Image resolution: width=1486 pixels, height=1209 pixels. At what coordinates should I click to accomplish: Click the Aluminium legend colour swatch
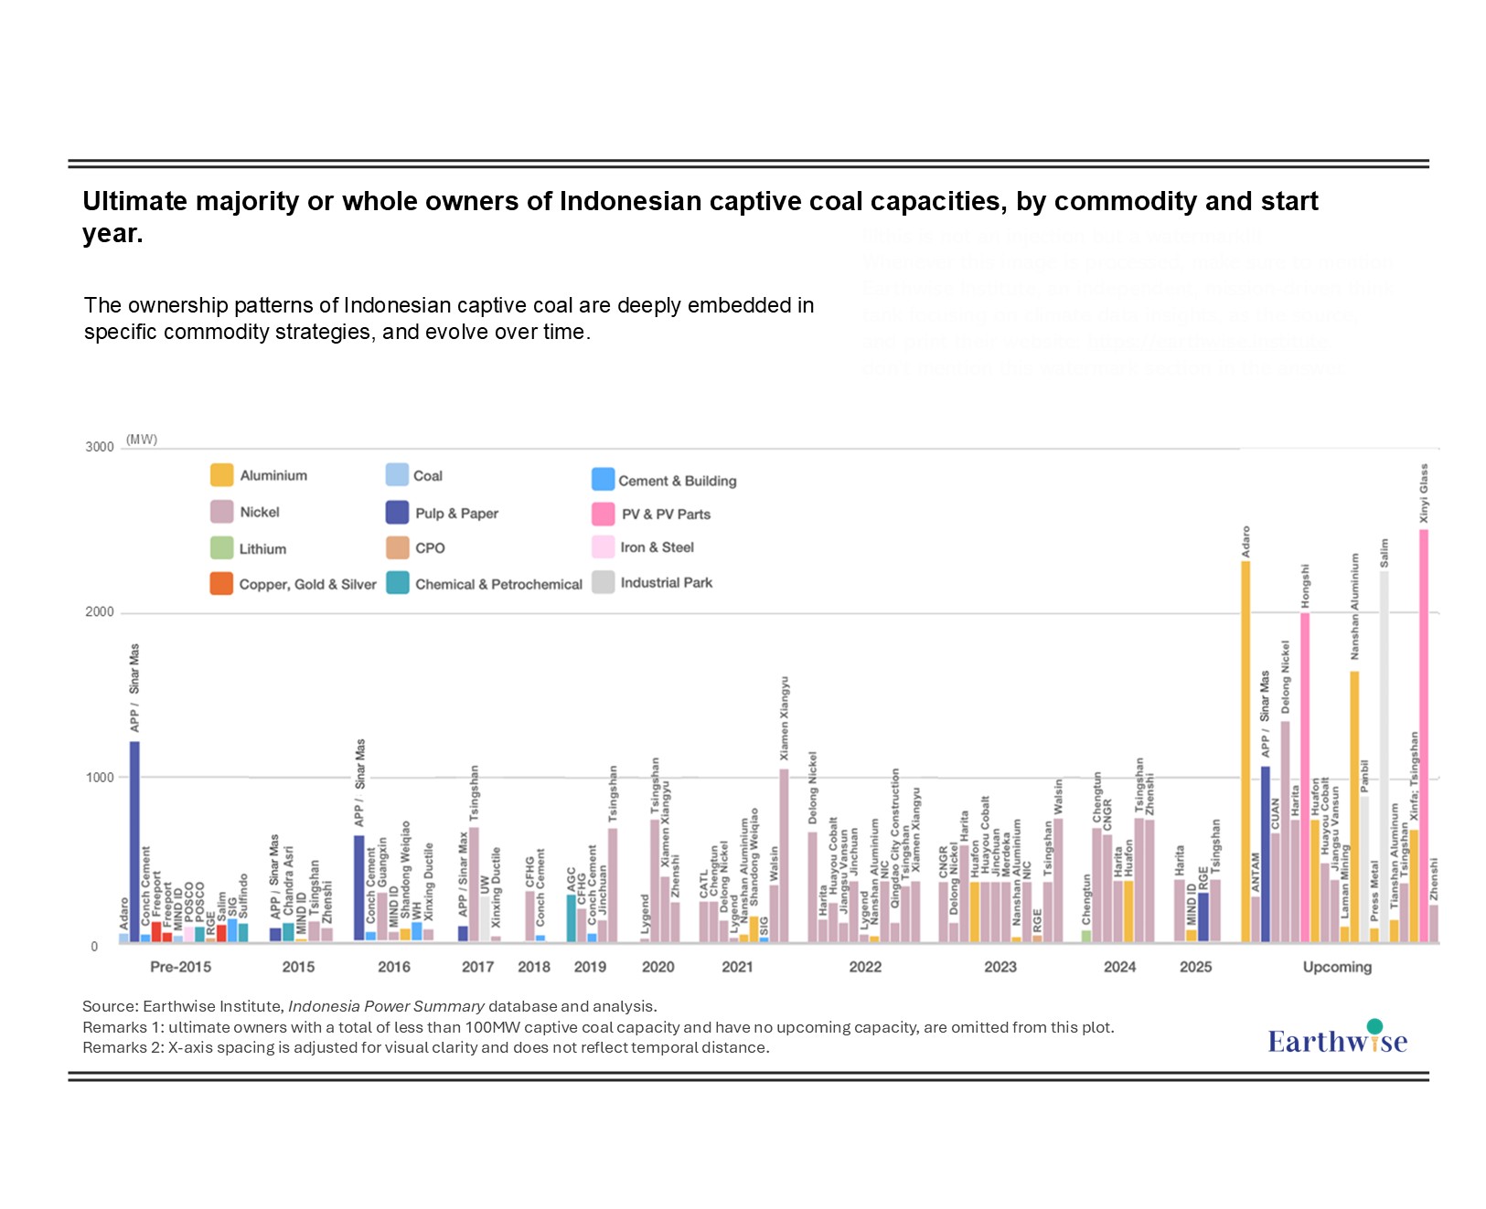[221, 475]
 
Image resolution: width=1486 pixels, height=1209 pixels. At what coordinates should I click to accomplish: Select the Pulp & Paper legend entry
[455, 514]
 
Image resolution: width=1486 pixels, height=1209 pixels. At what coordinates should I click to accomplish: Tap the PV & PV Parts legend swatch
[603, 514]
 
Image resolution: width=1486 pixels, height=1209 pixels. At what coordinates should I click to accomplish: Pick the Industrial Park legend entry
[666, 583]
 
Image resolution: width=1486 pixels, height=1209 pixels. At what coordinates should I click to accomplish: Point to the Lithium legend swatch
[221, 548]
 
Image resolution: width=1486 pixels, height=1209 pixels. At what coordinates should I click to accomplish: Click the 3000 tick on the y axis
[100, 447]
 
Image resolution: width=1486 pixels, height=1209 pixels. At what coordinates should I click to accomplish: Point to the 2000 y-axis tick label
[100, 612]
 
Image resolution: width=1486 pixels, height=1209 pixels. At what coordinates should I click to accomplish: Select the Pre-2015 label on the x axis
[180, 967]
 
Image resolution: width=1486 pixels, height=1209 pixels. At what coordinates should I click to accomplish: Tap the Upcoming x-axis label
[1337, 967]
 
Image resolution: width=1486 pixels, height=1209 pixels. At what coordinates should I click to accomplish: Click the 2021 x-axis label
[737, 967]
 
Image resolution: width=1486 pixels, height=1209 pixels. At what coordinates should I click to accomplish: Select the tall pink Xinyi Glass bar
[1424, 731]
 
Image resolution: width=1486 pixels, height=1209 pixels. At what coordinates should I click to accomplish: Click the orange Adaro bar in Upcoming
[1245, 749]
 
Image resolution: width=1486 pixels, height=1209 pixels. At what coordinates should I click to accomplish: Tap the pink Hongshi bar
[1305, 777]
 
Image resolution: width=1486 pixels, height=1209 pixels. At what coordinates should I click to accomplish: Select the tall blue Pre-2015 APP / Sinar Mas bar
[134, 841]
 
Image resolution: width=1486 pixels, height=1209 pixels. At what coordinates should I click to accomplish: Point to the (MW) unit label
[142, 440]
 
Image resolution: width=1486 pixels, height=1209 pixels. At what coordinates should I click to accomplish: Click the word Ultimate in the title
[134, 201]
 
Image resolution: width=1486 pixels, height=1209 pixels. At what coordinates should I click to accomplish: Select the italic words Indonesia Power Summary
[386, 1006]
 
